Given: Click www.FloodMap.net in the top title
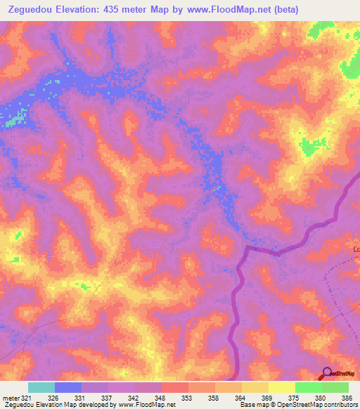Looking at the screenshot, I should [x=214, y=10].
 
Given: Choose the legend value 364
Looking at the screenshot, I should [x=242, y=397].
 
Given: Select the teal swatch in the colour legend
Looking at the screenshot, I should [x=41, y=387].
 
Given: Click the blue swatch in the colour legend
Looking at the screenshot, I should [x=67, y=387].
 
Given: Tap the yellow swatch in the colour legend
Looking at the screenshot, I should [x=281, y=387].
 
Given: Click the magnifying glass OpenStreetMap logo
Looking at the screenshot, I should [x=327, y=373].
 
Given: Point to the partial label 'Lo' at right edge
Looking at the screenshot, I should [x=356, y=249].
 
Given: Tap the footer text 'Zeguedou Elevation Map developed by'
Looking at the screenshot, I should [x=60, y=405].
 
